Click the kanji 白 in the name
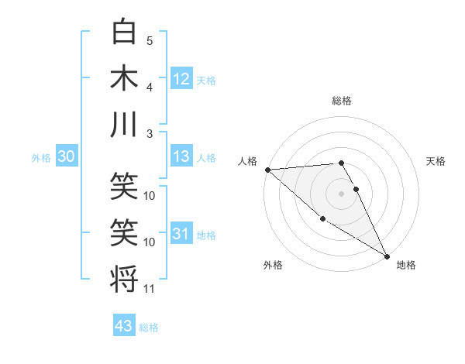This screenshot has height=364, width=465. tap(124, 33)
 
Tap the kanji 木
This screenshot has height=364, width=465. tap(124, 78)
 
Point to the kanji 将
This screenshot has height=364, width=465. tap(124, 278)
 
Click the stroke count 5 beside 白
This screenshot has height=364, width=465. tap(150, 41)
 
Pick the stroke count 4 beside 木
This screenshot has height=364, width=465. tap(150, 87)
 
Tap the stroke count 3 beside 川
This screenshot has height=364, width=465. tap(150, 133)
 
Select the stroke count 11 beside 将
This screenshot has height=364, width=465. tap(150, 289)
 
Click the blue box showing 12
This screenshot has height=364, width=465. tap(181, 79)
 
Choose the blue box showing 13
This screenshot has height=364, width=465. tap(181, 157)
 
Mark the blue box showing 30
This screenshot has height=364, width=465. tap(66, 157)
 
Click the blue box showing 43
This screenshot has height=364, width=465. tap(124, 326)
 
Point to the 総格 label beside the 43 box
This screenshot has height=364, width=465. tap(149, 328)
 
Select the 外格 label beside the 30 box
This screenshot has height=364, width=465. tap(41, 158)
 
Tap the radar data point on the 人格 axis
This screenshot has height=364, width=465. tap(267, 170)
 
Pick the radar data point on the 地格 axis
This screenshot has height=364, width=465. tap(387, 256)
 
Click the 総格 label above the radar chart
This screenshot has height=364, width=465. tap(342, 101)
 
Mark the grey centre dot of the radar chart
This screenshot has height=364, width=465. tap(341, 193)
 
